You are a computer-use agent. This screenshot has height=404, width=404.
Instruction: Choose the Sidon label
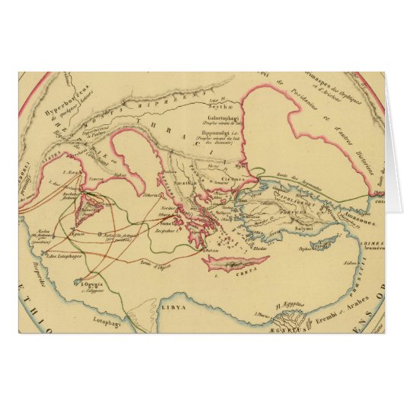click(x=351, y=258)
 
